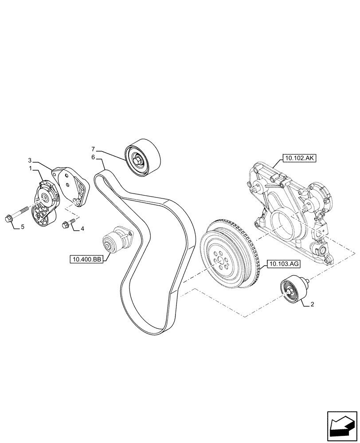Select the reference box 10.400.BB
coord(86,259)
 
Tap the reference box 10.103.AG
coord(284,265)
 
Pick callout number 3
coord(30,160)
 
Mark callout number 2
coord(313,304)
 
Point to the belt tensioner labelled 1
coord(45,202)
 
